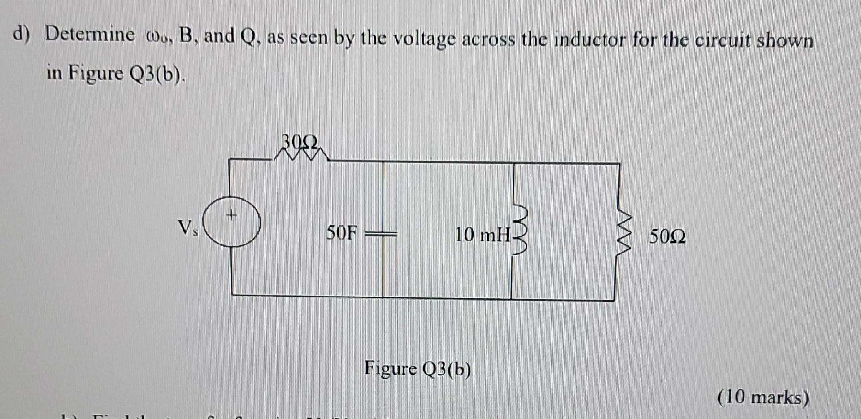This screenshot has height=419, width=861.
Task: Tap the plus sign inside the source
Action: coord(231,216)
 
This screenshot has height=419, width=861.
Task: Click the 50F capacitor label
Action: coord(342,233)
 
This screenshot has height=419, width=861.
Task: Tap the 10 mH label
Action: coord(483,234)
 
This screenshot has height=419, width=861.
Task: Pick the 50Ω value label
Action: coord(667,236)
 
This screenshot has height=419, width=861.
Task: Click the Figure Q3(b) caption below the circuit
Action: coord(417,369)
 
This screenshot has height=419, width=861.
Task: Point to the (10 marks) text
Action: coord(763,397)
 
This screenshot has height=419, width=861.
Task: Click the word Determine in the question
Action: coord(89,35)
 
